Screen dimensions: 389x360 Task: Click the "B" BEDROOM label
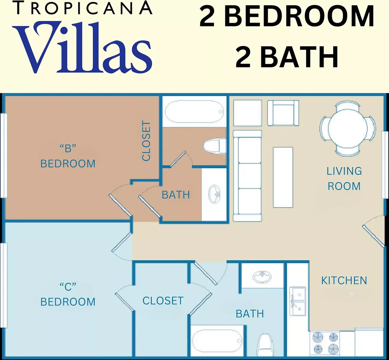[68, 156]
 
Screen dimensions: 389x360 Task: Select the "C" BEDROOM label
[68, 294]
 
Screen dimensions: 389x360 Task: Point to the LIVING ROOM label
[344, 179]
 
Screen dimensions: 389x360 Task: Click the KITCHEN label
[344, 280]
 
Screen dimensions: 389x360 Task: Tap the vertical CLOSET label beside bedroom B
[146, 141]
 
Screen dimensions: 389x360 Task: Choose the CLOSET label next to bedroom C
[163, 300]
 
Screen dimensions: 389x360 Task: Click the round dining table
[348, 129]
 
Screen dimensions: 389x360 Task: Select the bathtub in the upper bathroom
[194, 112]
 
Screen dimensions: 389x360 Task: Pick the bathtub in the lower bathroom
[217, 341]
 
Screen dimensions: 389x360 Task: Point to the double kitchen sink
[298, 301]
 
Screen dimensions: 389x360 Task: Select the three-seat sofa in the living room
[247, 176]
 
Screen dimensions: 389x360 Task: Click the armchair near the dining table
[283, 113]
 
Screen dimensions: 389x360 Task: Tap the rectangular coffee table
[283, 177]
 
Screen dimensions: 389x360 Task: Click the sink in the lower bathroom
[262, 277]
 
